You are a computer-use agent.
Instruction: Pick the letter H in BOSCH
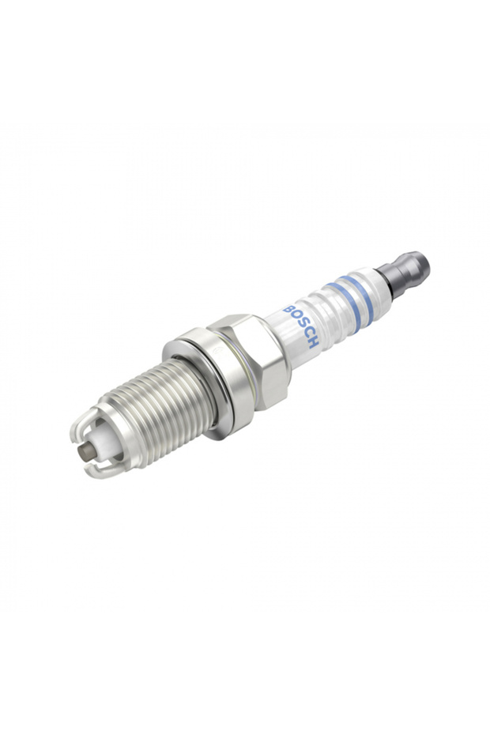(x=314, y=343)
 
